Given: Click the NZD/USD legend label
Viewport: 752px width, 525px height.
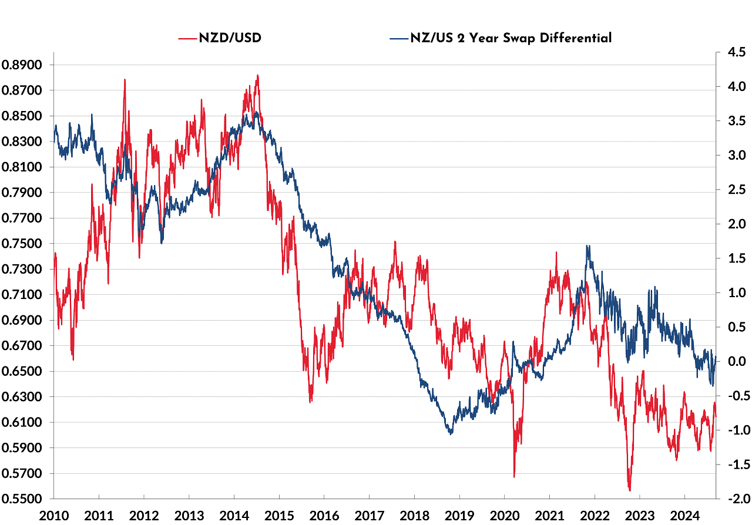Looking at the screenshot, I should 230,38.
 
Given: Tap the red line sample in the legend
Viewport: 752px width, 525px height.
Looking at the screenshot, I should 187,38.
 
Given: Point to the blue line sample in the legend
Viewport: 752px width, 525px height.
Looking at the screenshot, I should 398,38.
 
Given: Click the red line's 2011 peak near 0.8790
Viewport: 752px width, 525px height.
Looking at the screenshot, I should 125,79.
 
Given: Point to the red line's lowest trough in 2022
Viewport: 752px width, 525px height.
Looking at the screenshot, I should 630,490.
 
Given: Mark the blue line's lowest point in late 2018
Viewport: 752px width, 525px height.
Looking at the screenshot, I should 451,434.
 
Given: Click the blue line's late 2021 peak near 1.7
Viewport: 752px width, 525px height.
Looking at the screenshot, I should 587,245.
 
